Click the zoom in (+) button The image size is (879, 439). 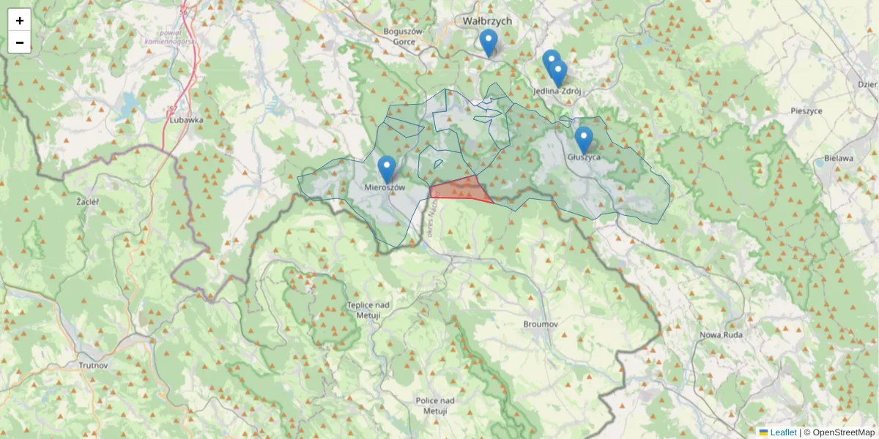(20, 20)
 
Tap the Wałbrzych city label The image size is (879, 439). (487, 21)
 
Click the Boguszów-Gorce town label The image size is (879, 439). (404, 37)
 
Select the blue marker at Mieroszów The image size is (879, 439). (386, 170)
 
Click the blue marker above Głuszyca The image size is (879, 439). (583, 140)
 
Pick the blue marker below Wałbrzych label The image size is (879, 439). (489, 42)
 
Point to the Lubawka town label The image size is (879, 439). (185, 119)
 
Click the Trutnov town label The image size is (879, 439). (93, 364)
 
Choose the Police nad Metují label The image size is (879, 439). (435, 405)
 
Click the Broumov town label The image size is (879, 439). (541, 323)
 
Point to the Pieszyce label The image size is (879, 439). (806, 111)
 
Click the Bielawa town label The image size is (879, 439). (839, 158)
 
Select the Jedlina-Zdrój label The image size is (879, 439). (557, 91)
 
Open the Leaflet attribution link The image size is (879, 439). (783, 432)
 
